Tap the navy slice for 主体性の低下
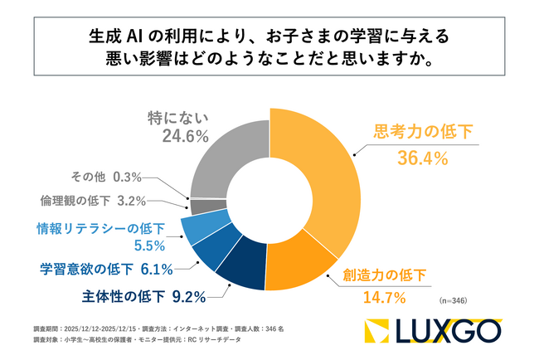click(x=243, y=271)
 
